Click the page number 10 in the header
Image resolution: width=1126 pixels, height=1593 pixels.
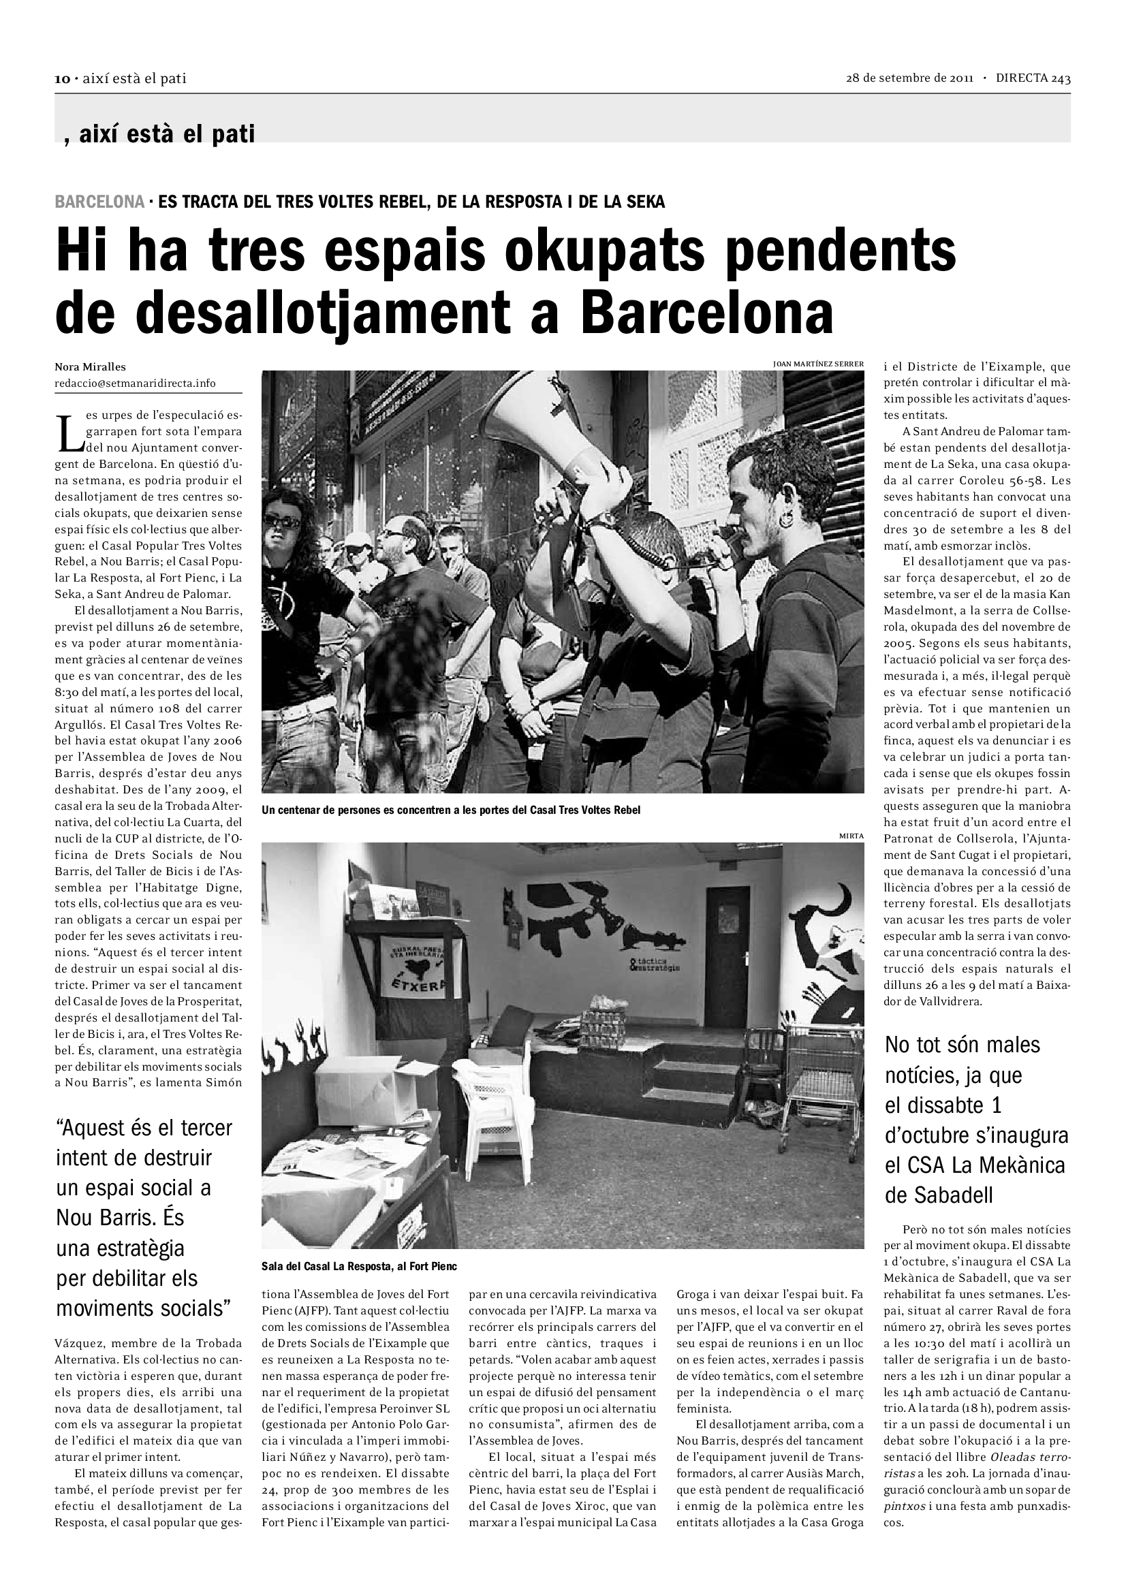61,79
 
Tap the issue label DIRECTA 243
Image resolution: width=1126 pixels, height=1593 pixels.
1033,78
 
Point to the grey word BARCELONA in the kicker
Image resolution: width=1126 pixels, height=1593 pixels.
99,202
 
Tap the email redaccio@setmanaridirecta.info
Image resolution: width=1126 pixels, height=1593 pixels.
135,383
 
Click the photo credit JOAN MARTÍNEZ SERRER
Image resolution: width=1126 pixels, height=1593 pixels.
818,364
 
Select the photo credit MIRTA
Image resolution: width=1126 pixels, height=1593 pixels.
851,836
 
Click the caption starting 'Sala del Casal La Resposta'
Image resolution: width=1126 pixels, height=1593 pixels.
359,1266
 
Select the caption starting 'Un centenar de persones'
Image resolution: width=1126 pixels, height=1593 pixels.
450,810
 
